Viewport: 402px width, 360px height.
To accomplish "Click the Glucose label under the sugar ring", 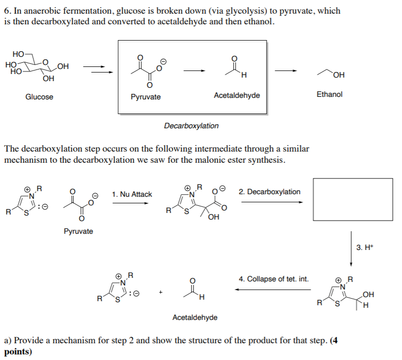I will coord(39,97).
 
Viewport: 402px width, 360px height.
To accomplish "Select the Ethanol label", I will coord(330,94).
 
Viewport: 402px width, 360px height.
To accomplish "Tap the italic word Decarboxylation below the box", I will coord(191,126).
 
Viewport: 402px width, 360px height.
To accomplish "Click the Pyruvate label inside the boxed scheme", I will coord(145,97).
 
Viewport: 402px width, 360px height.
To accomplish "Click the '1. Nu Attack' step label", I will coord(132,194).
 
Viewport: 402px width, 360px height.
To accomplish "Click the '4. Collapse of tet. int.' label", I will coord(273,279).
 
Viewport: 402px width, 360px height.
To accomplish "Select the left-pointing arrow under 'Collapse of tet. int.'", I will coord(273,290).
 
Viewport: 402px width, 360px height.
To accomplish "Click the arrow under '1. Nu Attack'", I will coord(131,203).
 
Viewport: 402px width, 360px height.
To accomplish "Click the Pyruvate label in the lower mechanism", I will coord(79,231).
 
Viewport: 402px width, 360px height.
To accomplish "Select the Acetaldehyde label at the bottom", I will coord(195,317).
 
